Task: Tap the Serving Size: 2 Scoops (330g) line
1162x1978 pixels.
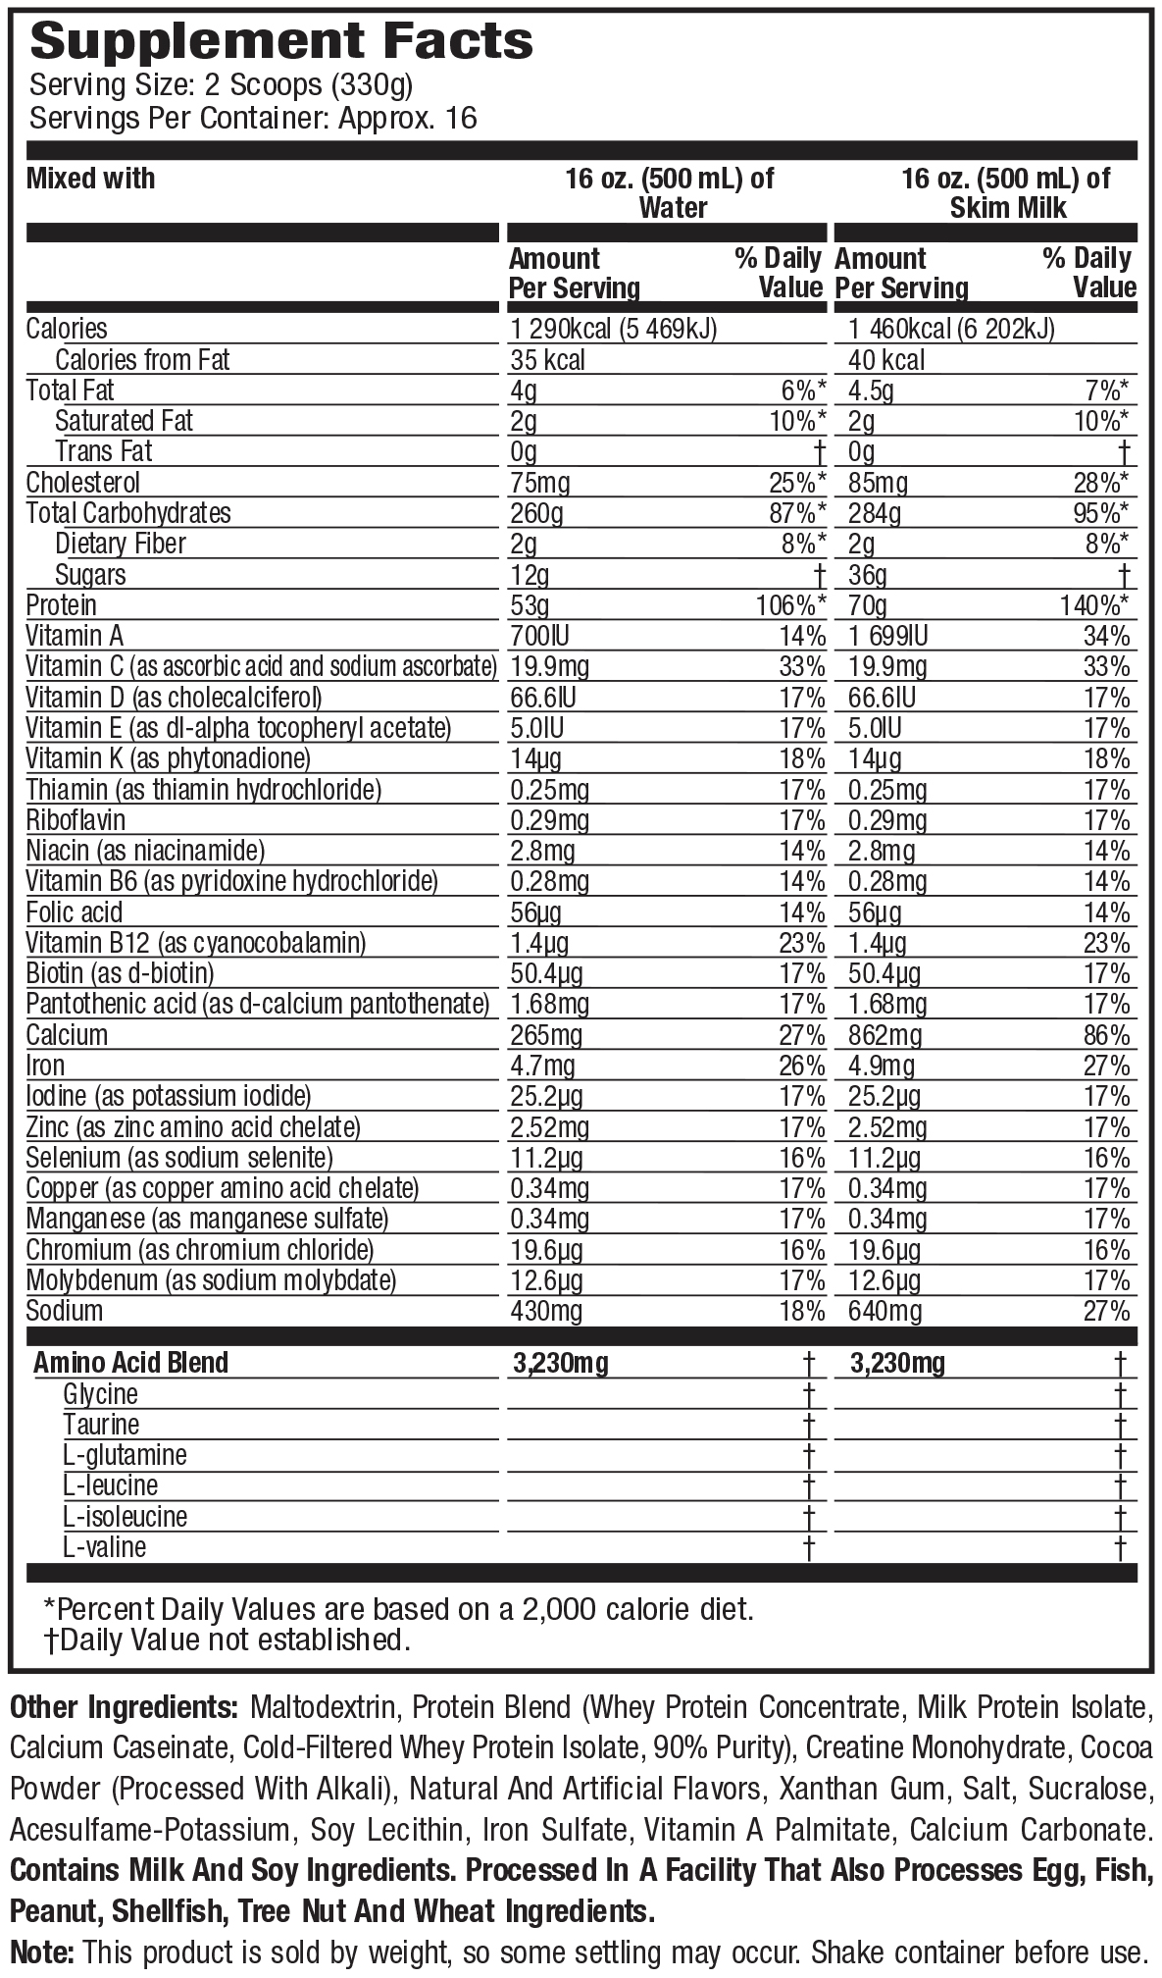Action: pyautogui.click(x=222, y=85)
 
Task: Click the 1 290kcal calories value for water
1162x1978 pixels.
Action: pyautogui.click(x=614, y=329)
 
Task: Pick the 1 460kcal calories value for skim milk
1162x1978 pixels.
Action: pyautogui.click(x=951, y=329)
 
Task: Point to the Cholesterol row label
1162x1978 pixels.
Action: pyautogui.click(x=83, y=483)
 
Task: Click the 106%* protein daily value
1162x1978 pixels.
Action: pyautogui.click(x=790, y=605)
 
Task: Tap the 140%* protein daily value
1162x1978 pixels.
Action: pyautogui.click(x=1093, y=605)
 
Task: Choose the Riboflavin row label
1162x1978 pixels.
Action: pyautogui.click(x=76, y=820)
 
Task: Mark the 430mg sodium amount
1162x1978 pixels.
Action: pyautogui.click(x=546, y=1311)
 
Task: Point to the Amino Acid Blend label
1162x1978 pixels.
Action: pyautogui.click(x=130, y=1362)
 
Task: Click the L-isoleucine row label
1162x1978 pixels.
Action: pyautogui.click(x=125, y=1516)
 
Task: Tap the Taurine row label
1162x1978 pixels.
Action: pyautogui.click(x=101, y=1424)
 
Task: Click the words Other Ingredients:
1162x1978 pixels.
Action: pyautogui.click(x=124, y=1708)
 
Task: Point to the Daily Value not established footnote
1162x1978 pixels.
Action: pyautogui.click(x=227, y=1640)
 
